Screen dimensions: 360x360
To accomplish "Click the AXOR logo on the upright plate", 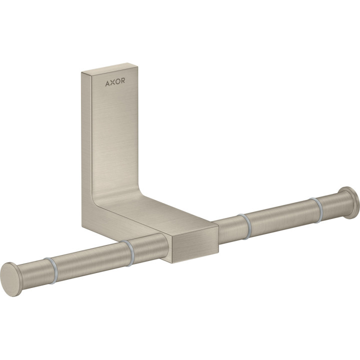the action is coord(115,81).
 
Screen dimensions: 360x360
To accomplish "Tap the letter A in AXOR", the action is coord(107,83).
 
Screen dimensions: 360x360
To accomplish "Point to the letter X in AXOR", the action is coord(112,82).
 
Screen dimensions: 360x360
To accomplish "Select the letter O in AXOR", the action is coord(117,81).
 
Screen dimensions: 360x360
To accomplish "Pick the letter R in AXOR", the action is coord(123,80).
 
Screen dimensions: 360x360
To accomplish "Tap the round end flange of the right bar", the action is coord(349,203).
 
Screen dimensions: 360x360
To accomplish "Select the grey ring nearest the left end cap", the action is coord(50,270).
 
